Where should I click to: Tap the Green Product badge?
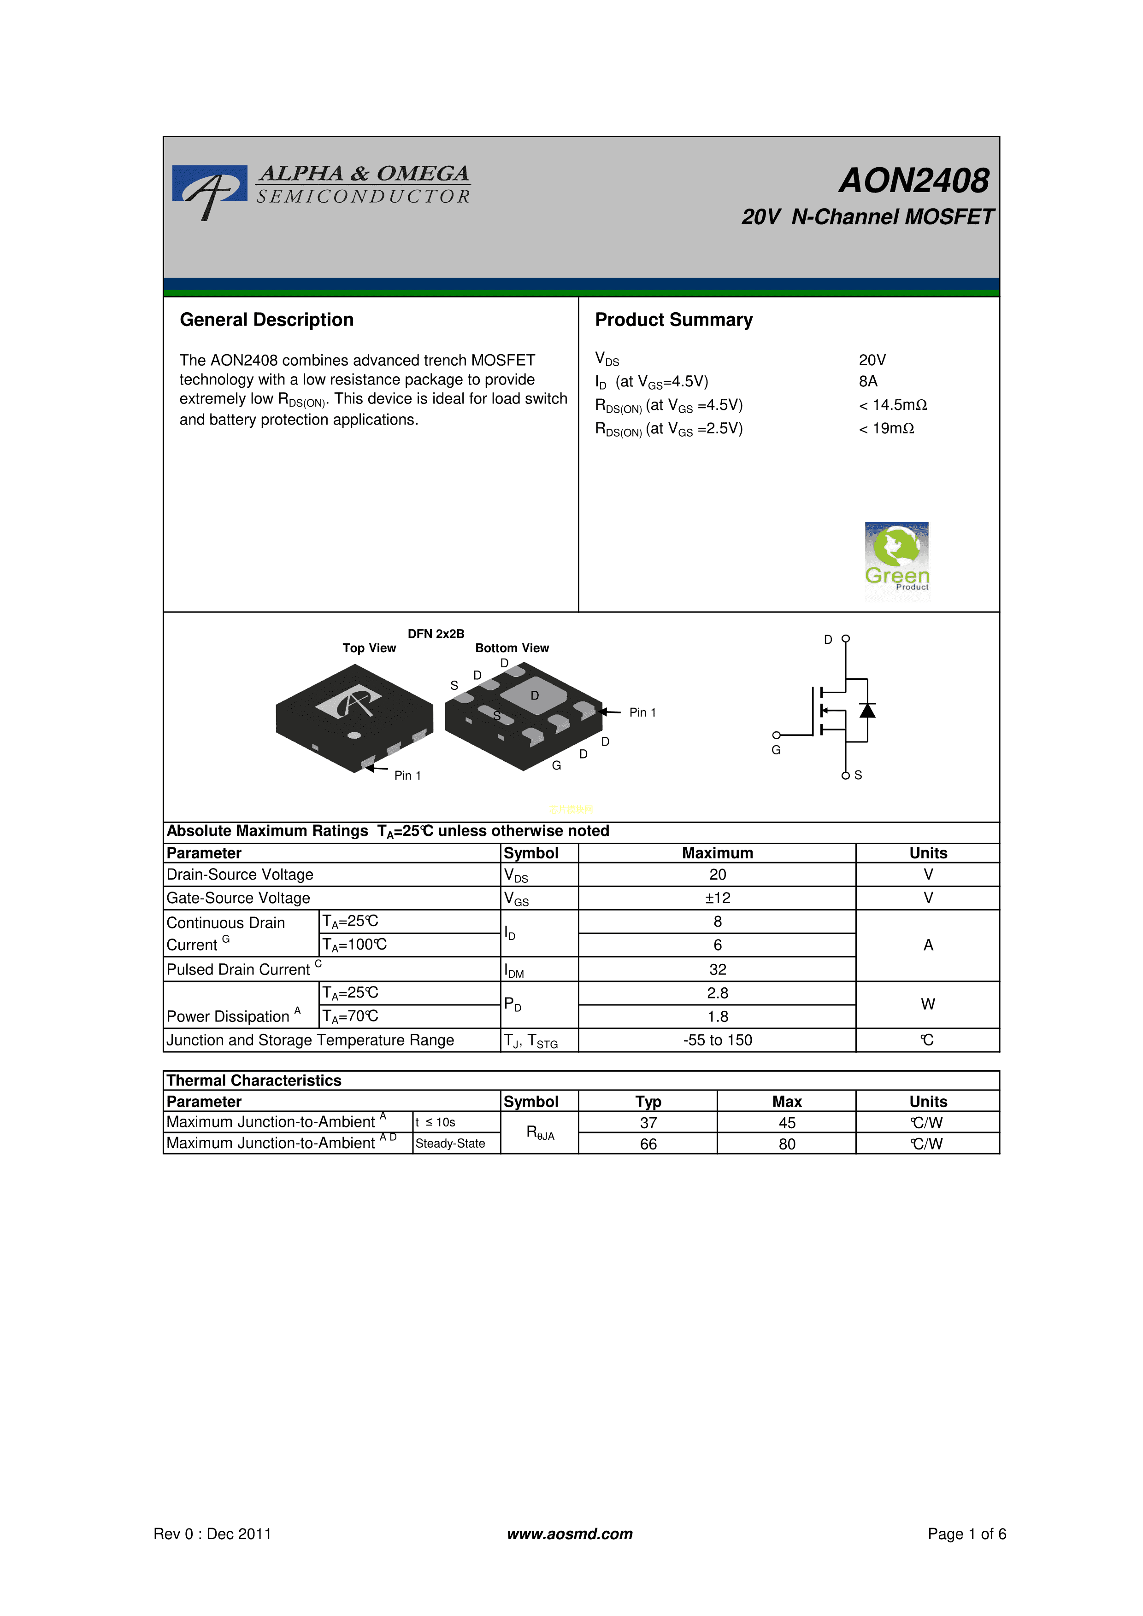pyautogui.click(x=896, y=561)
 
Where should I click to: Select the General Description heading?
pyautogui.click(x=266, y=320)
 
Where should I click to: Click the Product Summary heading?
pyautogui.click(x=673, y=320)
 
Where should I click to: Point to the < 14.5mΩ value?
pyautogui.click(x=892, y=405)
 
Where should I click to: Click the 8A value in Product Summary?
pyautogui.click(x=868, y=381)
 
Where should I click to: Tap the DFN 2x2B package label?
pyautogui.click(x=436, y=633)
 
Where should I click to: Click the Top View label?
pyautogui.click(x=369, y=648)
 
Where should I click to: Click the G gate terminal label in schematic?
pyautogui.click(x=776, y=750)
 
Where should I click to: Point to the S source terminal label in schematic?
pyautogui.click(x=858, y=775)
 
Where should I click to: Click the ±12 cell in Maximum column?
pyautogui.click(x=717, y=898)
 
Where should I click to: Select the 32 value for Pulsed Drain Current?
pyautogui.click(x=717, y=969)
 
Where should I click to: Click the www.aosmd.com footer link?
pyautogui.click(x=570, y=1534)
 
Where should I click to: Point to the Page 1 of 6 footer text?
pyautogui.click(x=966, y=1534)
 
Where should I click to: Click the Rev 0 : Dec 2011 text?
pyautogui.click(x=212, y=1534)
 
